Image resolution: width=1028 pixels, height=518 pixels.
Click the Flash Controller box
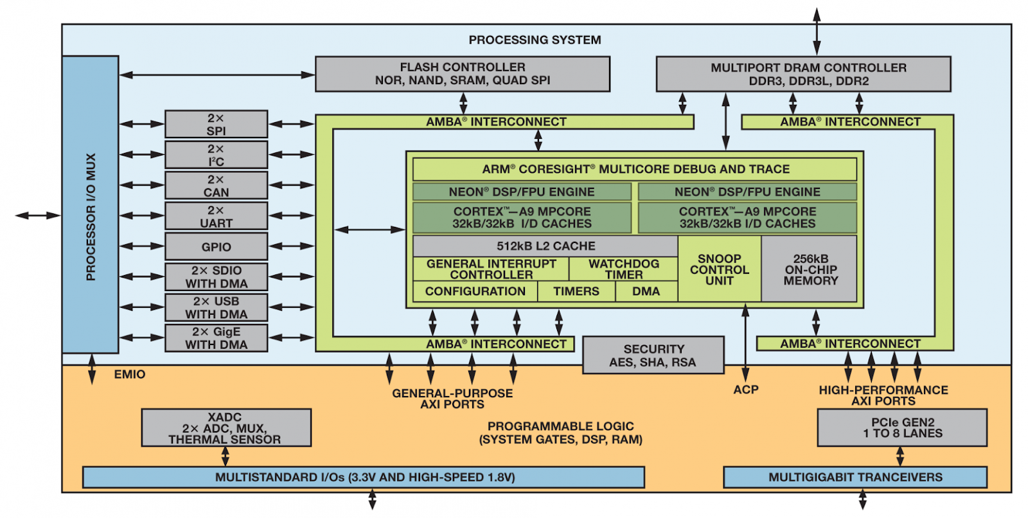pyautogui.click(x=463, y=74)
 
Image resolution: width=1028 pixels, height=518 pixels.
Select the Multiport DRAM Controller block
pyautogui.click(x=803, y=74)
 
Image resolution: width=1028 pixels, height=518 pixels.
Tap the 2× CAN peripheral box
pyautogui.click(x=216, y=186)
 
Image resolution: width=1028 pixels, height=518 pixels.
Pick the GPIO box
pyautogui.click(x=216, y=247)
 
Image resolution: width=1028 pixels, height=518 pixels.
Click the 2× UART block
pyautogui.click(x=216, y=217)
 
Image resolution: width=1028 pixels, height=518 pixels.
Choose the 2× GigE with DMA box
pyautogui.click(x=216, y=338)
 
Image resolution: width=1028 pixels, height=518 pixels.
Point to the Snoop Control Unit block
pyautogui.click(x=719, y=269)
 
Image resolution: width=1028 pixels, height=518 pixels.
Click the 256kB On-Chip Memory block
pyautogui.click(x=810, y=269)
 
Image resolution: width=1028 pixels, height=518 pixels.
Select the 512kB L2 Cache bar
pyautogui.click(x=545, y=246)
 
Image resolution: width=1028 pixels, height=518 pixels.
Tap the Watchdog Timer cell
pyautogui.click(x=623, y=269)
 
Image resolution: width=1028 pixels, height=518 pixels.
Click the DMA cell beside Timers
pyautogui.click(x=646, y=292)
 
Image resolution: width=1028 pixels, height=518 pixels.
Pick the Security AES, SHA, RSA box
pyautogui.click(x=653, y=355)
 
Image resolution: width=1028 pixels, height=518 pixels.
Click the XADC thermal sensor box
pyautogui.click(x=226, y=428)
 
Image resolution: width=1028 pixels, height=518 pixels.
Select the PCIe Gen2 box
pyautogui.click(x=902, y=428)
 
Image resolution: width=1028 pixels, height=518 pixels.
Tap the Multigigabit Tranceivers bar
pyautogui.click(x=855, y=478)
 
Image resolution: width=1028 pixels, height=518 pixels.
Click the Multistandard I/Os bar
pyautogui.click(x=364, y=478)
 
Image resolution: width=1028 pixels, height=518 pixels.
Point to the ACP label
pyautogui.click(x=745, y=389)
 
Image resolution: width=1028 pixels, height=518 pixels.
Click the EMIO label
pyautogui.click(x=130, y=375)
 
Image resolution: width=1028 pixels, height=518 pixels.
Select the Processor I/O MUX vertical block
pyautogui.click(x=91, y=204)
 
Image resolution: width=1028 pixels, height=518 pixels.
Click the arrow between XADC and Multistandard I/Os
pyautogui.click(x=225, y=457)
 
